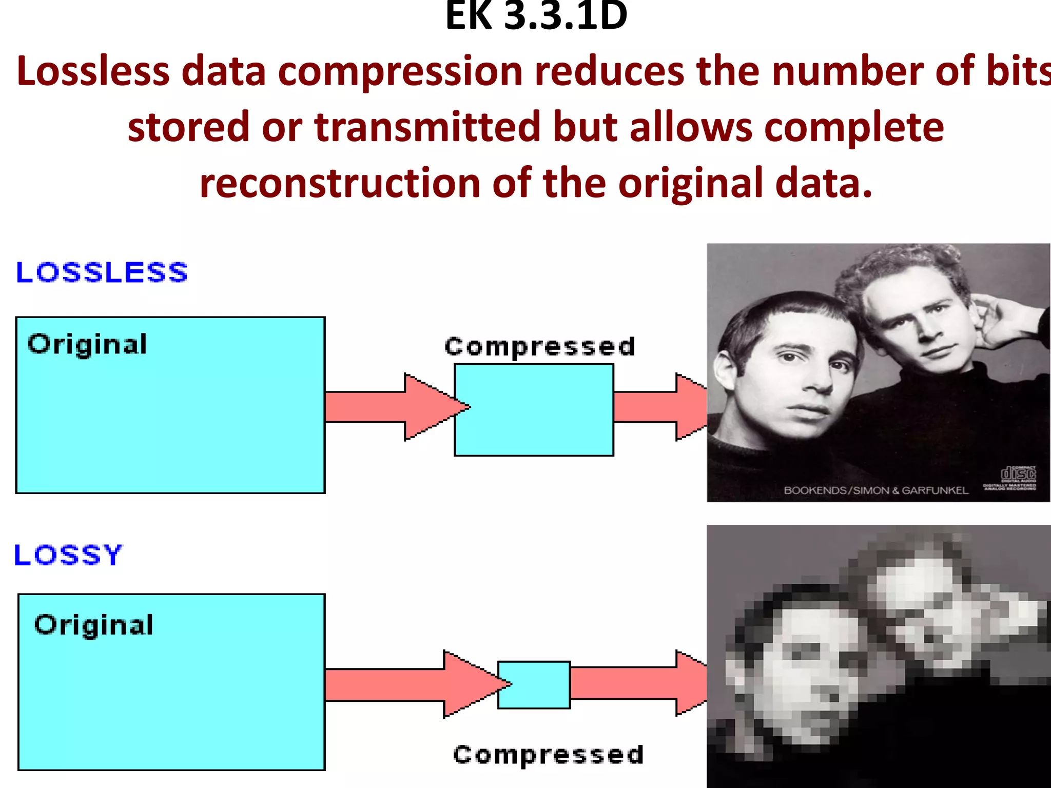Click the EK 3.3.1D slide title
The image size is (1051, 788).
536,16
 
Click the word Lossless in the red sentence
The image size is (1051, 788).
93,71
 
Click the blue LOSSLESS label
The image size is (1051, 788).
102,272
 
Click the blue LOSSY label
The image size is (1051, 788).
68,555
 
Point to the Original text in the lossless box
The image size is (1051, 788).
87,344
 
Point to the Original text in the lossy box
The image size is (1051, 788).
94,625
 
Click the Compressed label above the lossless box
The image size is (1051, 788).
540,347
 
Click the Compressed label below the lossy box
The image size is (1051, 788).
548,755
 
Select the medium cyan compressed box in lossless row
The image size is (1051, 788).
534,410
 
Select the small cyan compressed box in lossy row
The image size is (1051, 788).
534,685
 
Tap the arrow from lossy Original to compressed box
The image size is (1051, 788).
411,684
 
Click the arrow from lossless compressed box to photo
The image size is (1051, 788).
659,407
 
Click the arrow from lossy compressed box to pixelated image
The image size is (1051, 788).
639,683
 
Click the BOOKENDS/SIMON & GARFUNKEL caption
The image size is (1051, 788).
875,490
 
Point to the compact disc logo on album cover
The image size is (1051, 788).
1018,474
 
